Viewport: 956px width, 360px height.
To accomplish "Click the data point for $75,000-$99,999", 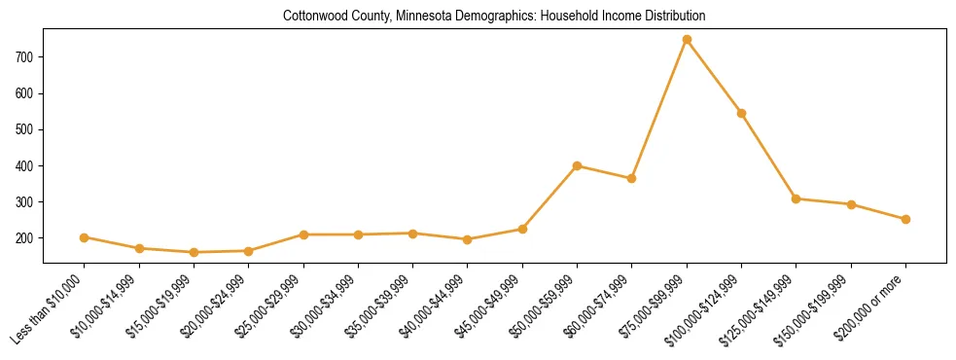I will pyautogui.click(x=687, y=40).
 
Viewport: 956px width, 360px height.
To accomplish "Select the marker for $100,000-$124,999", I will pyautogui.click(x=741, y=113).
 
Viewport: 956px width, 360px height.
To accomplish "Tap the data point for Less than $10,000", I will pyautogui.click(x=85, y=237).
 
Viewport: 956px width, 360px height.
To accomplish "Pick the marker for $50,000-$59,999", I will pyautogui.click(x=577, y=165).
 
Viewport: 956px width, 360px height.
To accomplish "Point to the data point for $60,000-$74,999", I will pyautogui.click(x=632, y=178).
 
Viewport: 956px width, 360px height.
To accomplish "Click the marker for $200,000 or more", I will pyautogui.click(x=905, y=219).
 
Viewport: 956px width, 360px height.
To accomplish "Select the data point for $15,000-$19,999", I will pyautogui.click(x=194, y=252).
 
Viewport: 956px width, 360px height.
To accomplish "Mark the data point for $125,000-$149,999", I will pyautogui.click(x=797, y=198).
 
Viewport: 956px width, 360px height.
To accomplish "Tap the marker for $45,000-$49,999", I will pyautogui.click(x=522, y=229).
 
